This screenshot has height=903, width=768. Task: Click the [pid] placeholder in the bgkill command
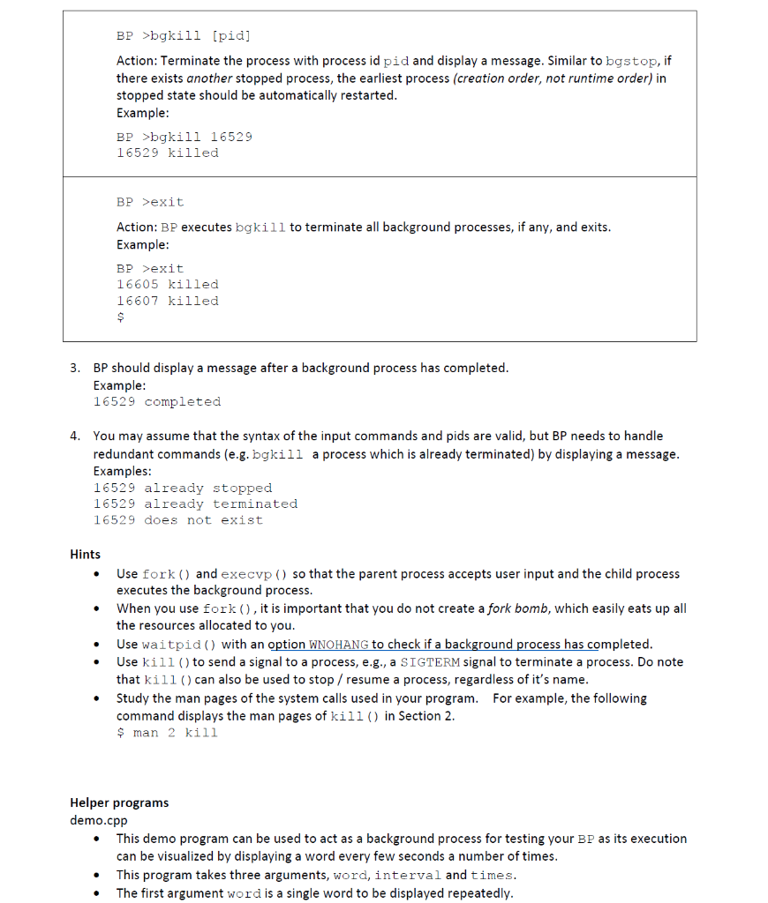(231, 36)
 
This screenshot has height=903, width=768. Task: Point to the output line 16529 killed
(167, 153)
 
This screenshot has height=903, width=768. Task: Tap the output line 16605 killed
(167, 285)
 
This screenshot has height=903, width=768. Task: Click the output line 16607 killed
(167, 302)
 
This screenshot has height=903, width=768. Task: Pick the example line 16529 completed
(157, 402)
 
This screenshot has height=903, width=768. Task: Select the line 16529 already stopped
(183, 489)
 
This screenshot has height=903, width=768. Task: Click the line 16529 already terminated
(195, 504)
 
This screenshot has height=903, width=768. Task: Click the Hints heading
(85, 555)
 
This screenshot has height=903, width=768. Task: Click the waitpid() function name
(180, 645)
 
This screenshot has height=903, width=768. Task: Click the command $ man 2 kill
(167, 734)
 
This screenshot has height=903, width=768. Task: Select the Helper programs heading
(119, 803)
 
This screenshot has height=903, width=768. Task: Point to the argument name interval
(408, 876)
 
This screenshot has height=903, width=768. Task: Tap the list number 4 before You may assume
(75, 437)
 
